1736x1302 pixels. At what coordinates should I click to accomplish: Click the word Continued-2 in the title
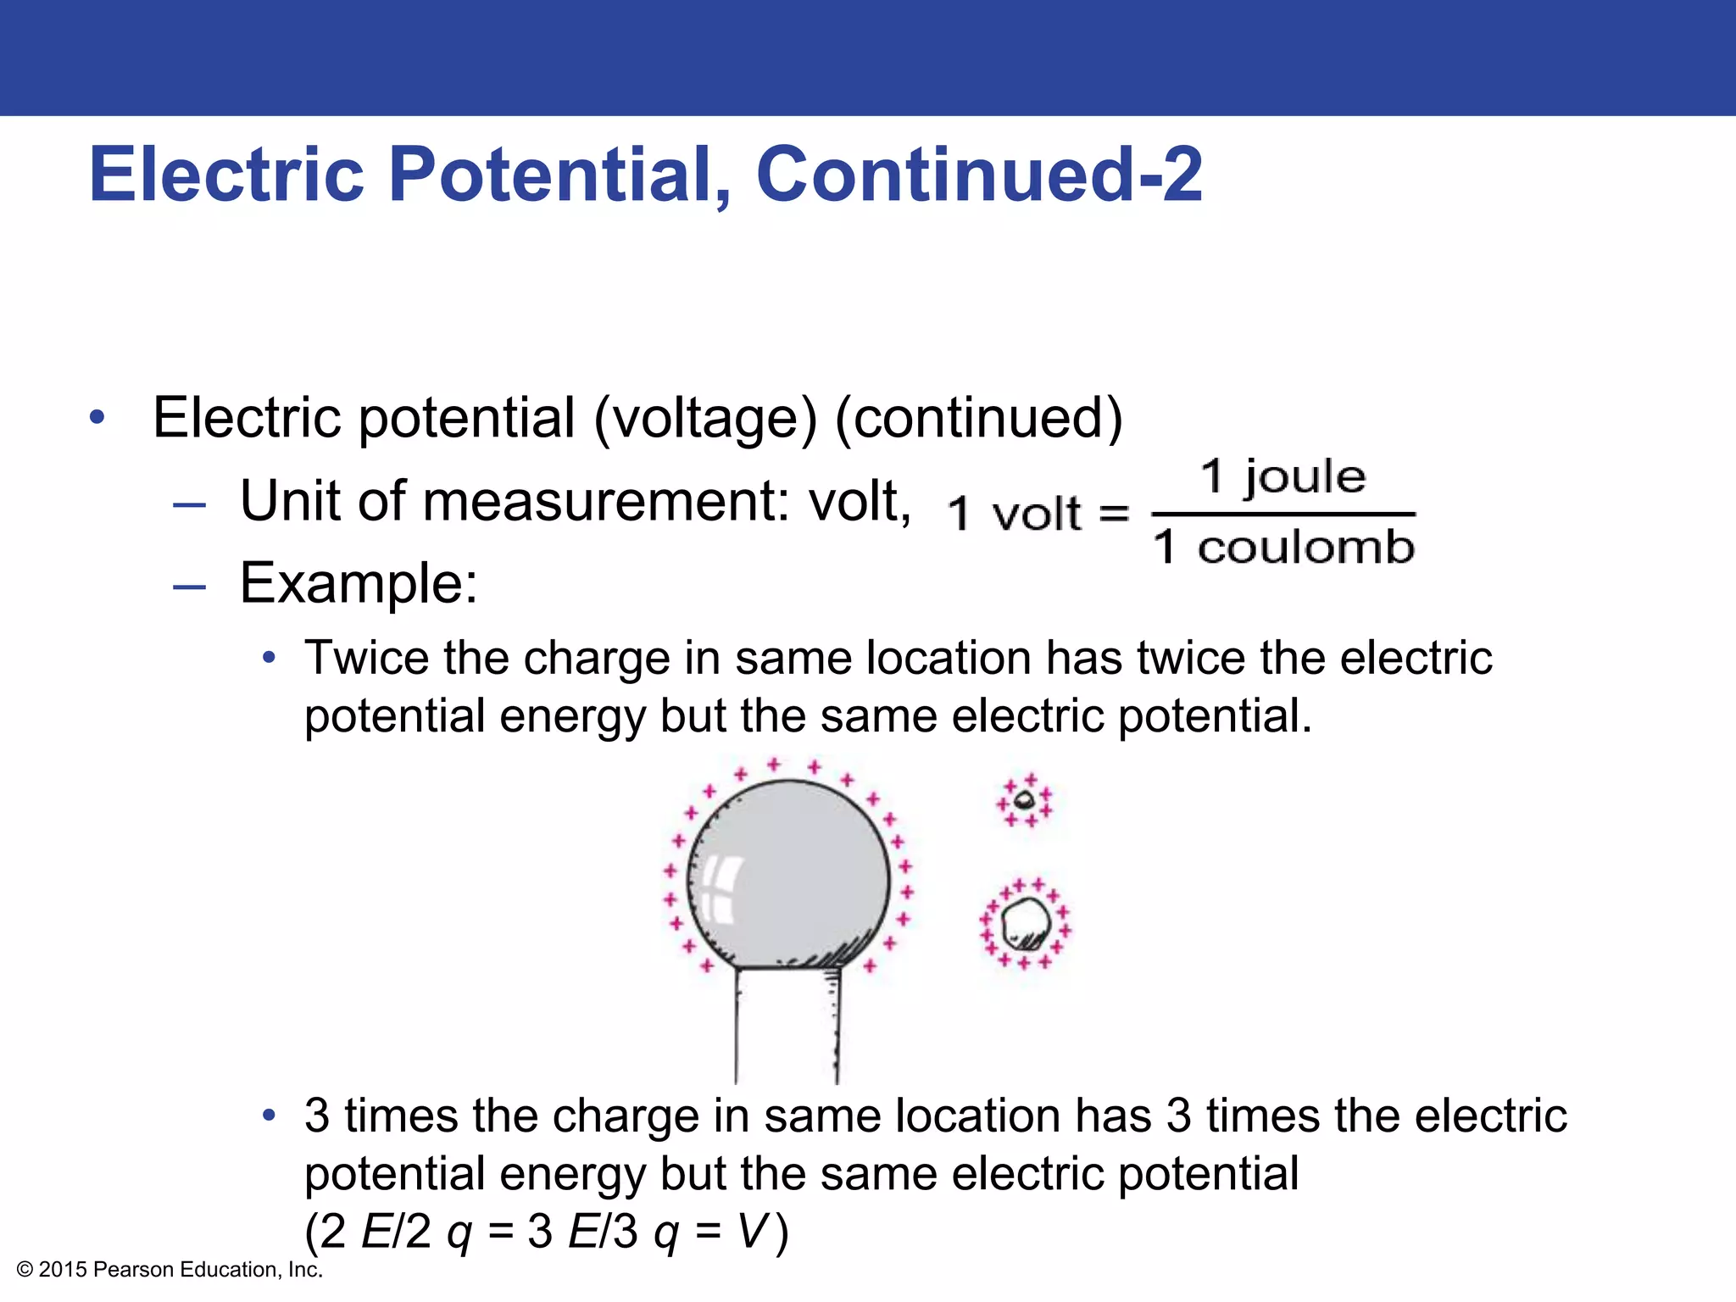pos(978,175)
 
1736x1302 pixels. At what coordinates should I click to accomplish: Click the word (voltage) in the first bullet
pos(705,418)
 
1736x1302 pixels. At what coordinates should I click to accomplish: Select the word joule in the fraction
pos(1305,476)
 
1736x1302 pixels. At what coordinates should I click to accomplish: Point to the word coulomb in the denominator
pos(1305,547)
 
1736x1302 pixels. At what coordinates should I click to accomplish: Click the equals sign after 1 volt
pos(1114,514)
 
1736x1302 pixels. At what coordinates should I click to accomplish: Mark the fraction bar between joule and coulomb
pos(1283,514)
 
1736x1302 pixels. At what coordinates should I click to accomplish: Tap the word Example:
pos(359,583)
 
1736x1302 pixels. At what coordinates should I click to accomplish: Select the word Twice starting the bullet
pos(366,658)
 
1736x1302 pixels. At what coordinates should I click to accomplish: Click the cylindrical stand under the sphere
pos(787,1026)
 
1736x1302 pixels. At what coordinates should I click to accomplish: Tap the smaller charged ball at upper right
pos(1025,799)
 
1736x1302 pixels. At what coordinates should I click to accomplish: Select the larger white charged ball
pos(1025,923)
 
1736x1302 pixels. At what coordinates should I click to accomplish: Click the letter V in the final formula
pos(752,1231)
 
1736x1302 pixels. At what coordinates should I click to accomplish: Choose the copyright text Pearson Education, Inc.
pos(208,1269)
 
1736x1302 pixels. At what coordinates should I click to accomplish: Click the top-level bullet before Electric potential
pos(97,418)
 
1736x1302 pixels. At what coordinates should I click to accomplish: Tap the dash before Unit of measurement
pos(189,505)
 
